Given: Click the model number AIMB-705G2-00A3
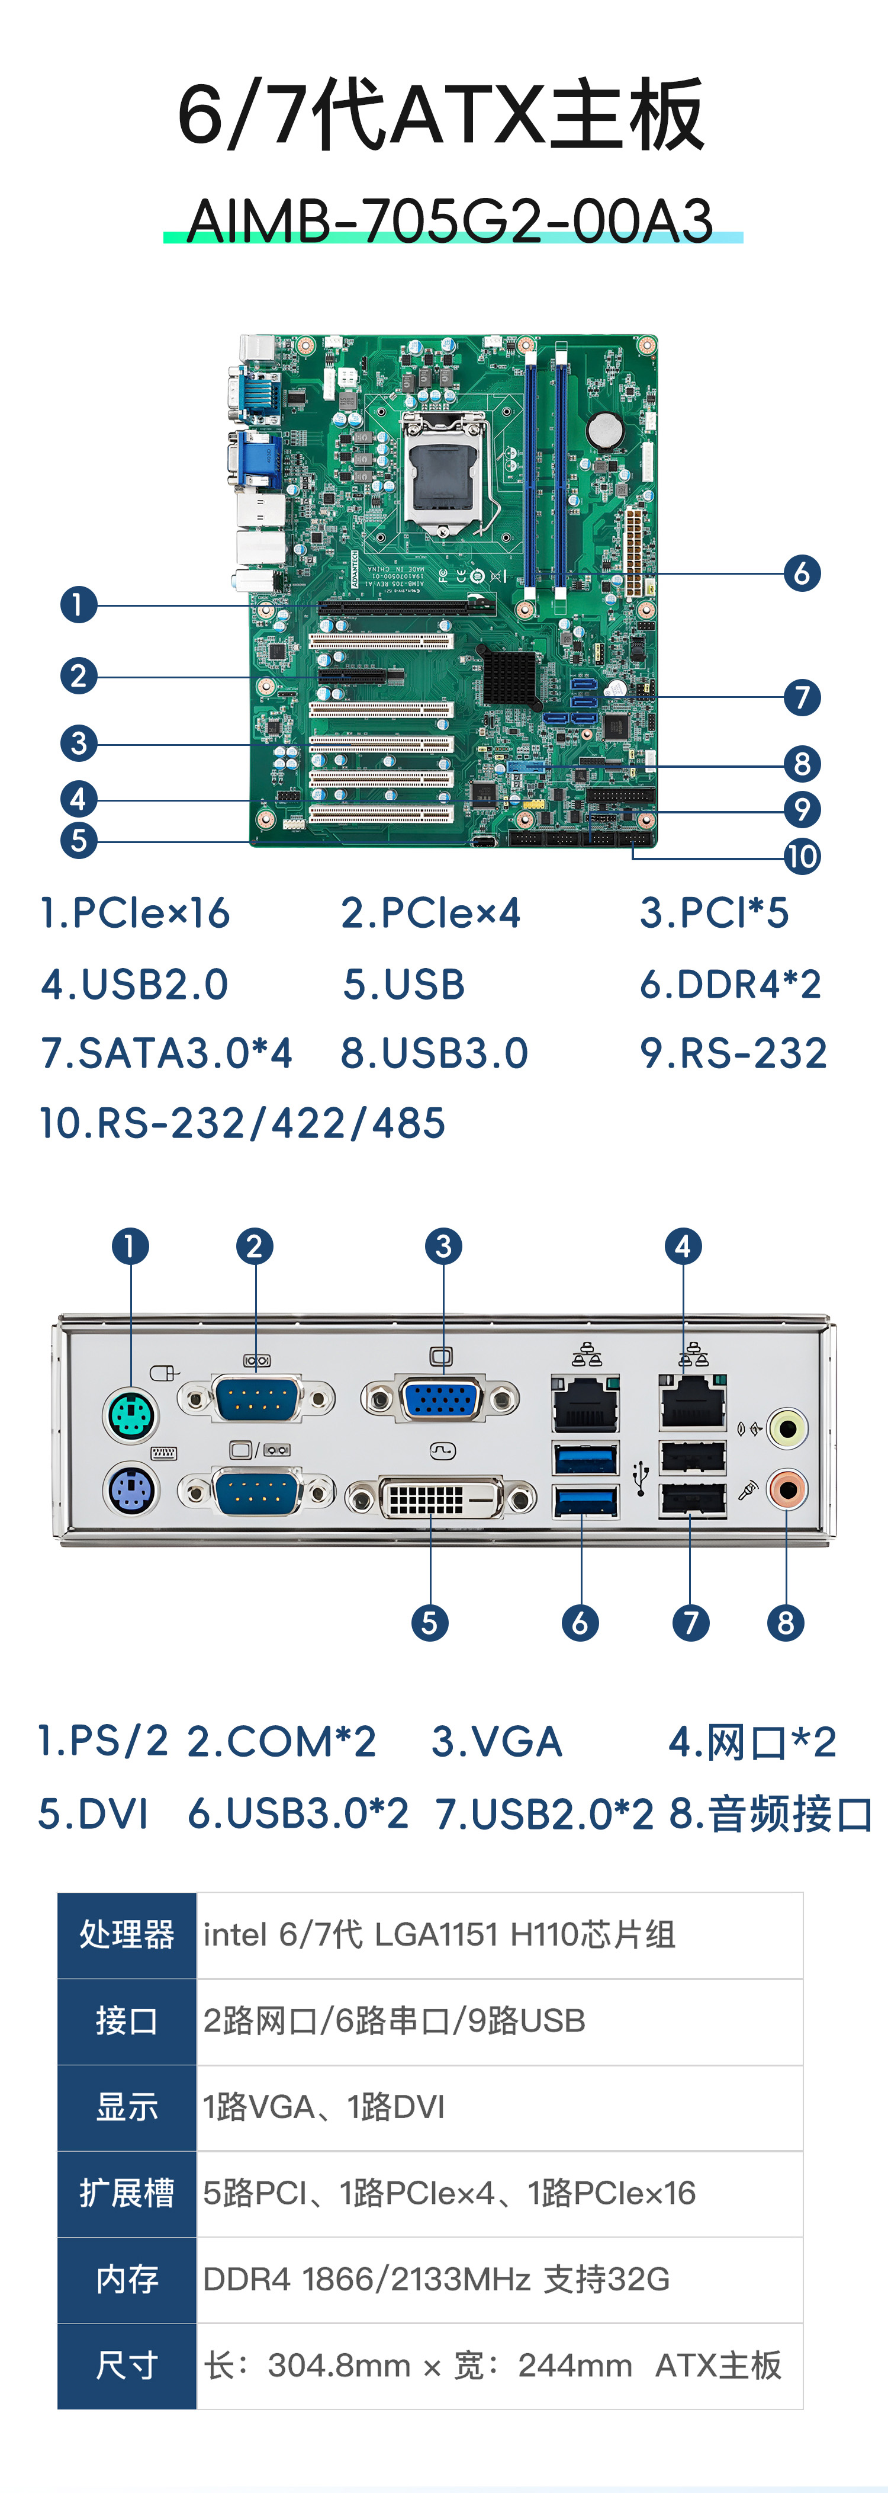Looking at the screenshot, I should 450,220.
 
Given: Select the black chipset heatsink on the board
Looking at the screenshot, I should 509,675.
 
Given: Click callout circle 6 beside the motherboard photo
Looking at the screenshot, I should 802,573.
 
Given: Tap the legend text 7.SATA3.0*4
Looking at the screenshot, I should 166,1053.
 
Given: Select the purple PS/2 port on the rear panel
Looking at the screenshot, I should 131,1489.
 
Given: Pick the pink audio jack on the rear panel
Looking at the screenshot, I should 786,1489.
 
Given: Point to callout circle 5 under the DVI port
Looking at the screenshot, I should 429,1623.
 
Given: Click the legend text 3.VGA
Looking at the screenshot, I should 496,1742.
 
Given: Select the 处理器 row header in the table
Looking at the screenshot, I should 127,1934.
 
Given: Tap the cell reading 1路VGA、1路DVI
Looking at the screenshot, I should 324,2107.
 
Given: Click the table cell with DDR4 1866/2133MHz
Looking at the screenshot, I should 435,2279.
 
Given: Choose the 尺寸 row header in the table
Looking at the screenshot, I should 127,2365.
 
